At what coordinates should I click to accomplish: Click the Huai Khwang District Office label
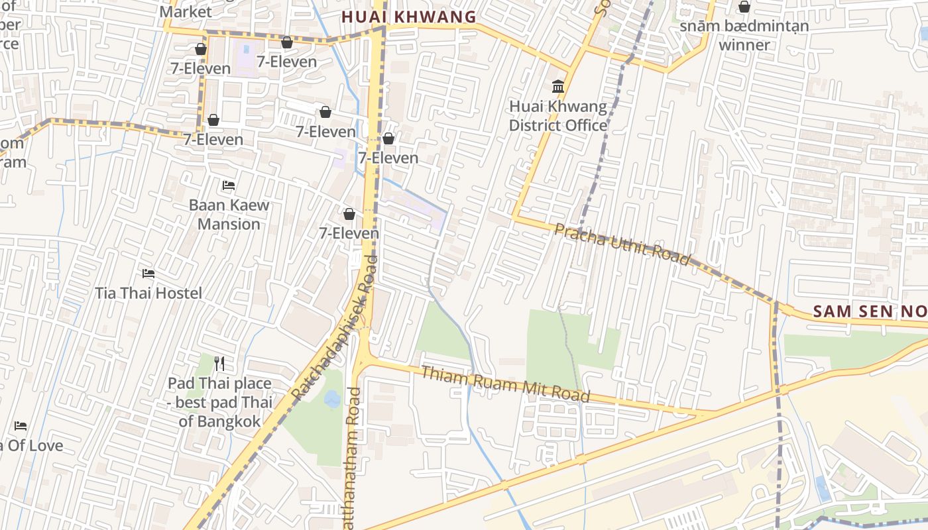(557, 116)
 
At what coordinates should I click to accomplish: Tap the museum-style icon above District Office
(558, 87)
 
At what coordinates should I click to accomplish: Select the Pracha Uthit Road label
(622, 244)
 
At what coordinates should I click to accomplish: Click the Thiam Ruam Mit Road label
(505, 384)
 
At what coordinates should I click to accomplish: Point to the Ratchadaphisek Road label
(334, 329)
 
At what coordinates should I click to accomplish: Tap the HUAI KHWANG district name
(409, 17)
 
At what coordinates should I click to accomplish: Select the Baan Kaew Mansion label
(229, 214)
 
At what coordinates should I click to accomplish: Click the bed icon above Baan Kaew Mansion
(229, 185)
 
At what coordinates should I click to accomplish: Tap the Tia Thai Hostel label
(148, 293)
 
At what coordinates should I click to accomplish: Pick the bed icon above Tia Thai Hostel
(148, 273)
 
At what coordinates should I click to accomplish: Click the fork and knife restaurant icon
(220, 363)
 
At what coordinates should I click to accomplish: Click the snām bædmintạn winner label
(744, 36)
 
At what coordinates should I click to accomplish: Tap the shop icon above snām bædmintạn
(744, 7)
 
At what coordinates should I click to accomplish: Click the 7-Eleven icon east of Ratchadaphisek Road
(388, 139)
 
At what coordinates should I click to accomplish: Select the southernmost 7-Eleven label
(349, 233)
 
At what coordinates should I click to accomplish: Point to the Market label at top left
(186, 11)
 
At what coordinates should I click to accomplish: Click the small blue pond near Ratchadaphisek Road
(333, 399)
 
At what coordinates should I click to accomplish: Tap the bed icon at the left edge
(21, 425)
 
